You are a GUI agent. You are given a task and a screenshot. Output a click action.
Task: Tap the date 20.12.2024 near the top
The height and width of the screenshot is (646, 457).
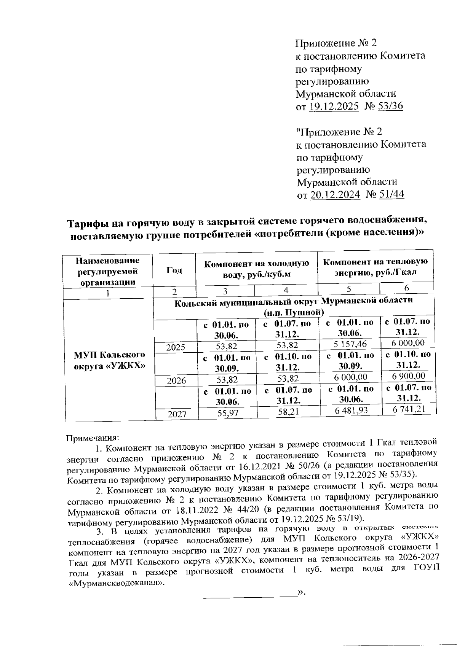pyautogui.click(x=335, y=195)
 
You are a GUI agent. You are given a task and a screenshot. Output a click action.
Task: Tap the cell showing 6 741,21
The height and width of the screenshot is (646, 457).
pyautogui.click(x=409, y=409)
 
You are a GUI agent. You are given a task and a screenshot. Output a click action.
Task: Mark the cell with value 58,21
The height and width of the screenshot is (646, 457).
pyautogui.click(x=288, y=412)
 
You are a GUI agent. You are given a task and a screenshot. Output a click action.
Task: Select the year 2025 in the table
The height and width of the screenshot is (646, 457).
pyautogui.click(x=176, y=347)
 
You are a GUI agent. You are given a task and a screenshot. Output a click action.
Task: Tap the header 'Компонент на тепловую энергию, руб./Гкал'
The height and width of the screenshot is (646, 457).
pyautogui.click(x=375, y=267)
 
